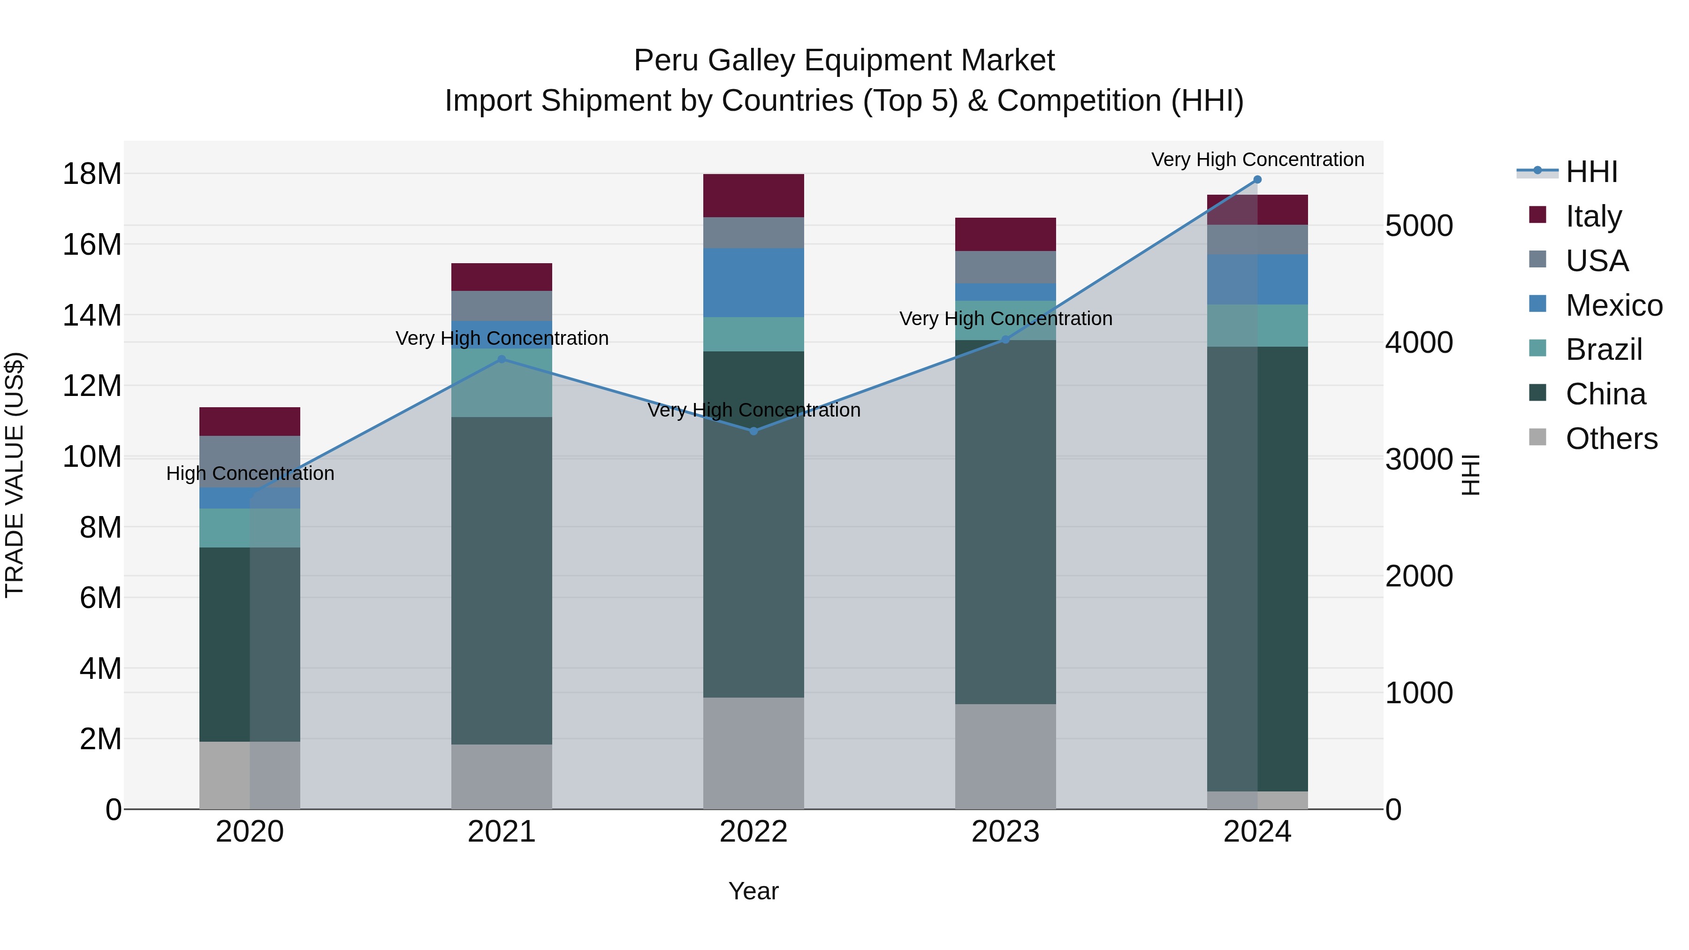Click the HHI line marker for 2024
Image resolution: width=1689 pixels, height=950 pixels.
click(x=1257, y=180)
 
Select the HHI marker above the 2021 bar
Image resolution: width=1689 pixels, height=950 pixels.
click(x=502, y=359)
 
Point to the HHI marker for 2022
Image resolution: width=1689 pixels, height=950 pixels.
click(x=753, y=431)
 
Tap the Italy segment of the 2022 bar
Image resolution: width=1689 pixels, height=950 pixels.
click(x=753, y=195)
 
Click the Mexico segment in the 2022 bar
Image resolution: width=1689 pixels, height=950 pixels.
click(x=753, y=282)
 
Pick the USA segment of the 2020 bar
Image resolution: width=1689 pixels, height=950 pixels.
click(x=250, y=461)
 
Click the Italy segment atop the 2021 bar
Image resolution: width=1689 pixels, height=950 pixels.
click(x=502, y=277)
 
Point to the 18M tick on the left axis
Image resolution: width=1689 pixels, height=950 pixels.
click(x=92, y=174)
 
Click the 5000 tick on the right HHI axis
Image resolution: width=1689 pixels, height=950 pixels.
click(x=1419, y=226)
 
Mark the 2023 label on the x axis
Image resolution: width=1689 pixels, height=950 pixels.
click(x=1005, y=832)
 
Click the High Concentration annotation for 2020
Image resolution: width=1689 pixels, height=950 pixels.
click(x=250, y=473)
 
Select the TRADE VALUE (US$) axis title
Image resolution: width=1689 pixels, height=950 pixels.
click(x=15, y=475)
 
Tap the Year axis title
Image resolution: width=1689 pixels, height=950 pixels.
click(x=753, y=891)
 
